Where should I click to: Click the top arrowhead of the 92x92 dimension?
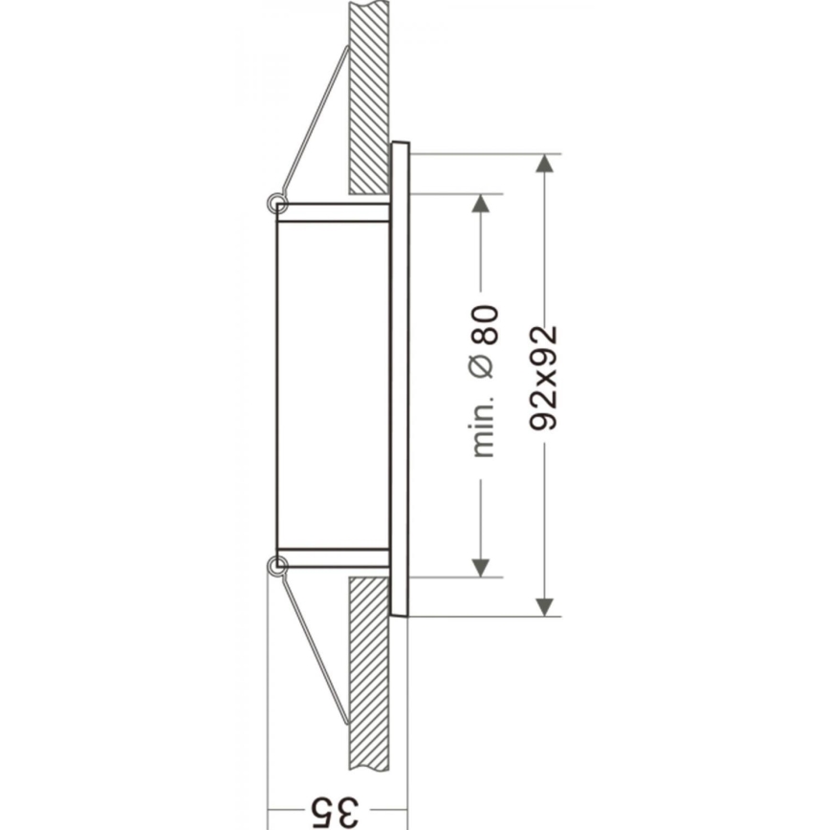point(544,164)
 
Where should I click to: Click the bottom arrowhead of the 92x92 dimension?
point(544,605)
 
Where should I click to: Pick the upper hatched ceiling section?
point(369,96)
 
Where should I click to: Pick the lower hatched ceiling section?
point(369,669)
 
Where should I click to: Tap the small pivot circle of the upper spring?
point(277,203)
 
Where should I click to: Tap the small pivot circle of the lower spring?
point(277,566)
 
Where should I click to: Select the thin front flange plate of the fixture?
point(400,382)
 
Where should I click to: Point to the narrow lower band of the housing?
point(333,557)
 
